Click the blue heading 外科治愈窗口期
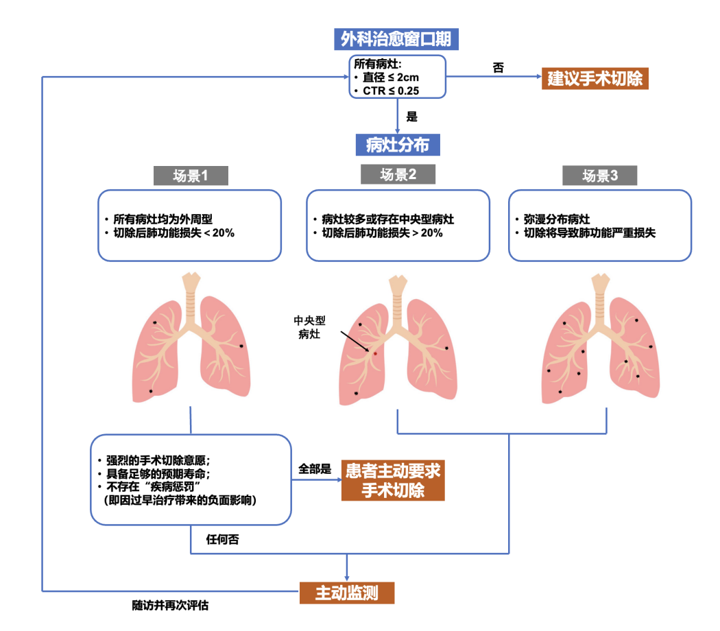point(396,38)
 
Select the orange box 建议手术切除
point(595,79)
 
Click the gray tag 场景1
point(191,176)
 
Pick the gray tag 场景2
point(398,175)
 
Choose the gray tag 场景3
point(600,176)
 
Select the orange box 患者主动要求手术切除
point(393,481)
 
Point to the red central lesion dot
point(375,353)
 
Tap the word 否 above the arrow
point(499,68)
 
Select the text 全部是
point(315,470)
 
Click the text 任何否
point(223,539)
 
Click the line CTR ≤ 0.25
point(391,90)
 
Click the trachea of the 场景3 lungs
point(600,291)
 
